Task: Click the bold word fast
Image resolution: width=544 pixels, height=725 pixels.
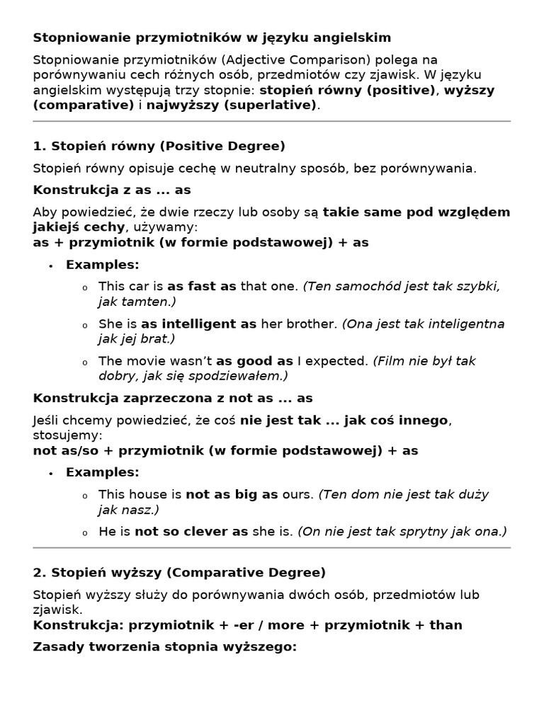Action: (x=201, y=286)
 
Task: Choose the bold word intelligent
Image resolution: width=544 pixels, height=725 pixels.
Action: (x=198, y=324)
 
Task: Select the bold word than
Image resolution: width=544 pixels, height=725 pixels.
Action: (x=446, y=624)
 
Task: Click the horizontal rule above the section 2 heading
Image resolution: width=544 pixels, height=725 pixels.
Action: (x=272, y=547)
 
